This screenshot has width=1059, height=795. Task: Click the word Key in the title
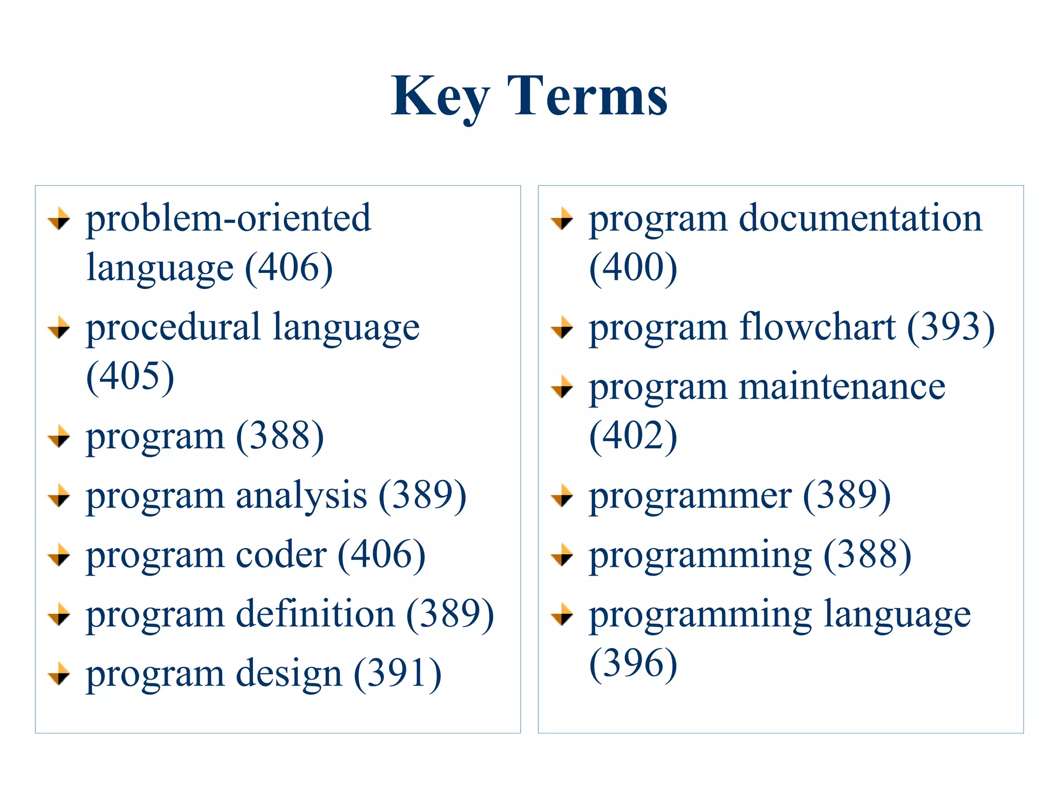440,97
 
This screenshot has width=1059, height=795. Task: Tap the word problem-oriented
228,218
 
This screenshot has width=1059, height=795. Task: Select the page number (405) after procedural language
130,376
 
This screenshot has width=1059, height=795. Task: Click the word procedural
173,327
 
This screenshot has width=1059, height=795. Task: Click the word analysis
301,495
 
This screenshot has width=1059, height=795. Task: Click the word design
289,674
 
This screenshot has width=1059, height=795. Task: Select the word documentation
860,218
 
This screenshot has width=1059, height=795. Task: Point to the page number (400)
633,268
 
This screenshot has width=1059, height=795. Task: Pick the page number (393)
951,327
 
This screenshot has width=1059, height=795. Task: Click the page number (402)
633,436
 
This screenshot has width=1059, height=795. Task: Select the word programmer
690,496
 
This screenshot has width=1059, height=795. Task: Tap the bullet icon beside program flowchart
562,327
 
